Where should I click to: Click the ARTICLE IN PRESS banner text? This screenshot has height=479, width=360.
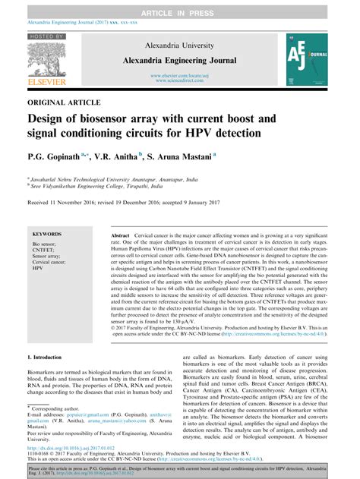179,8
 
